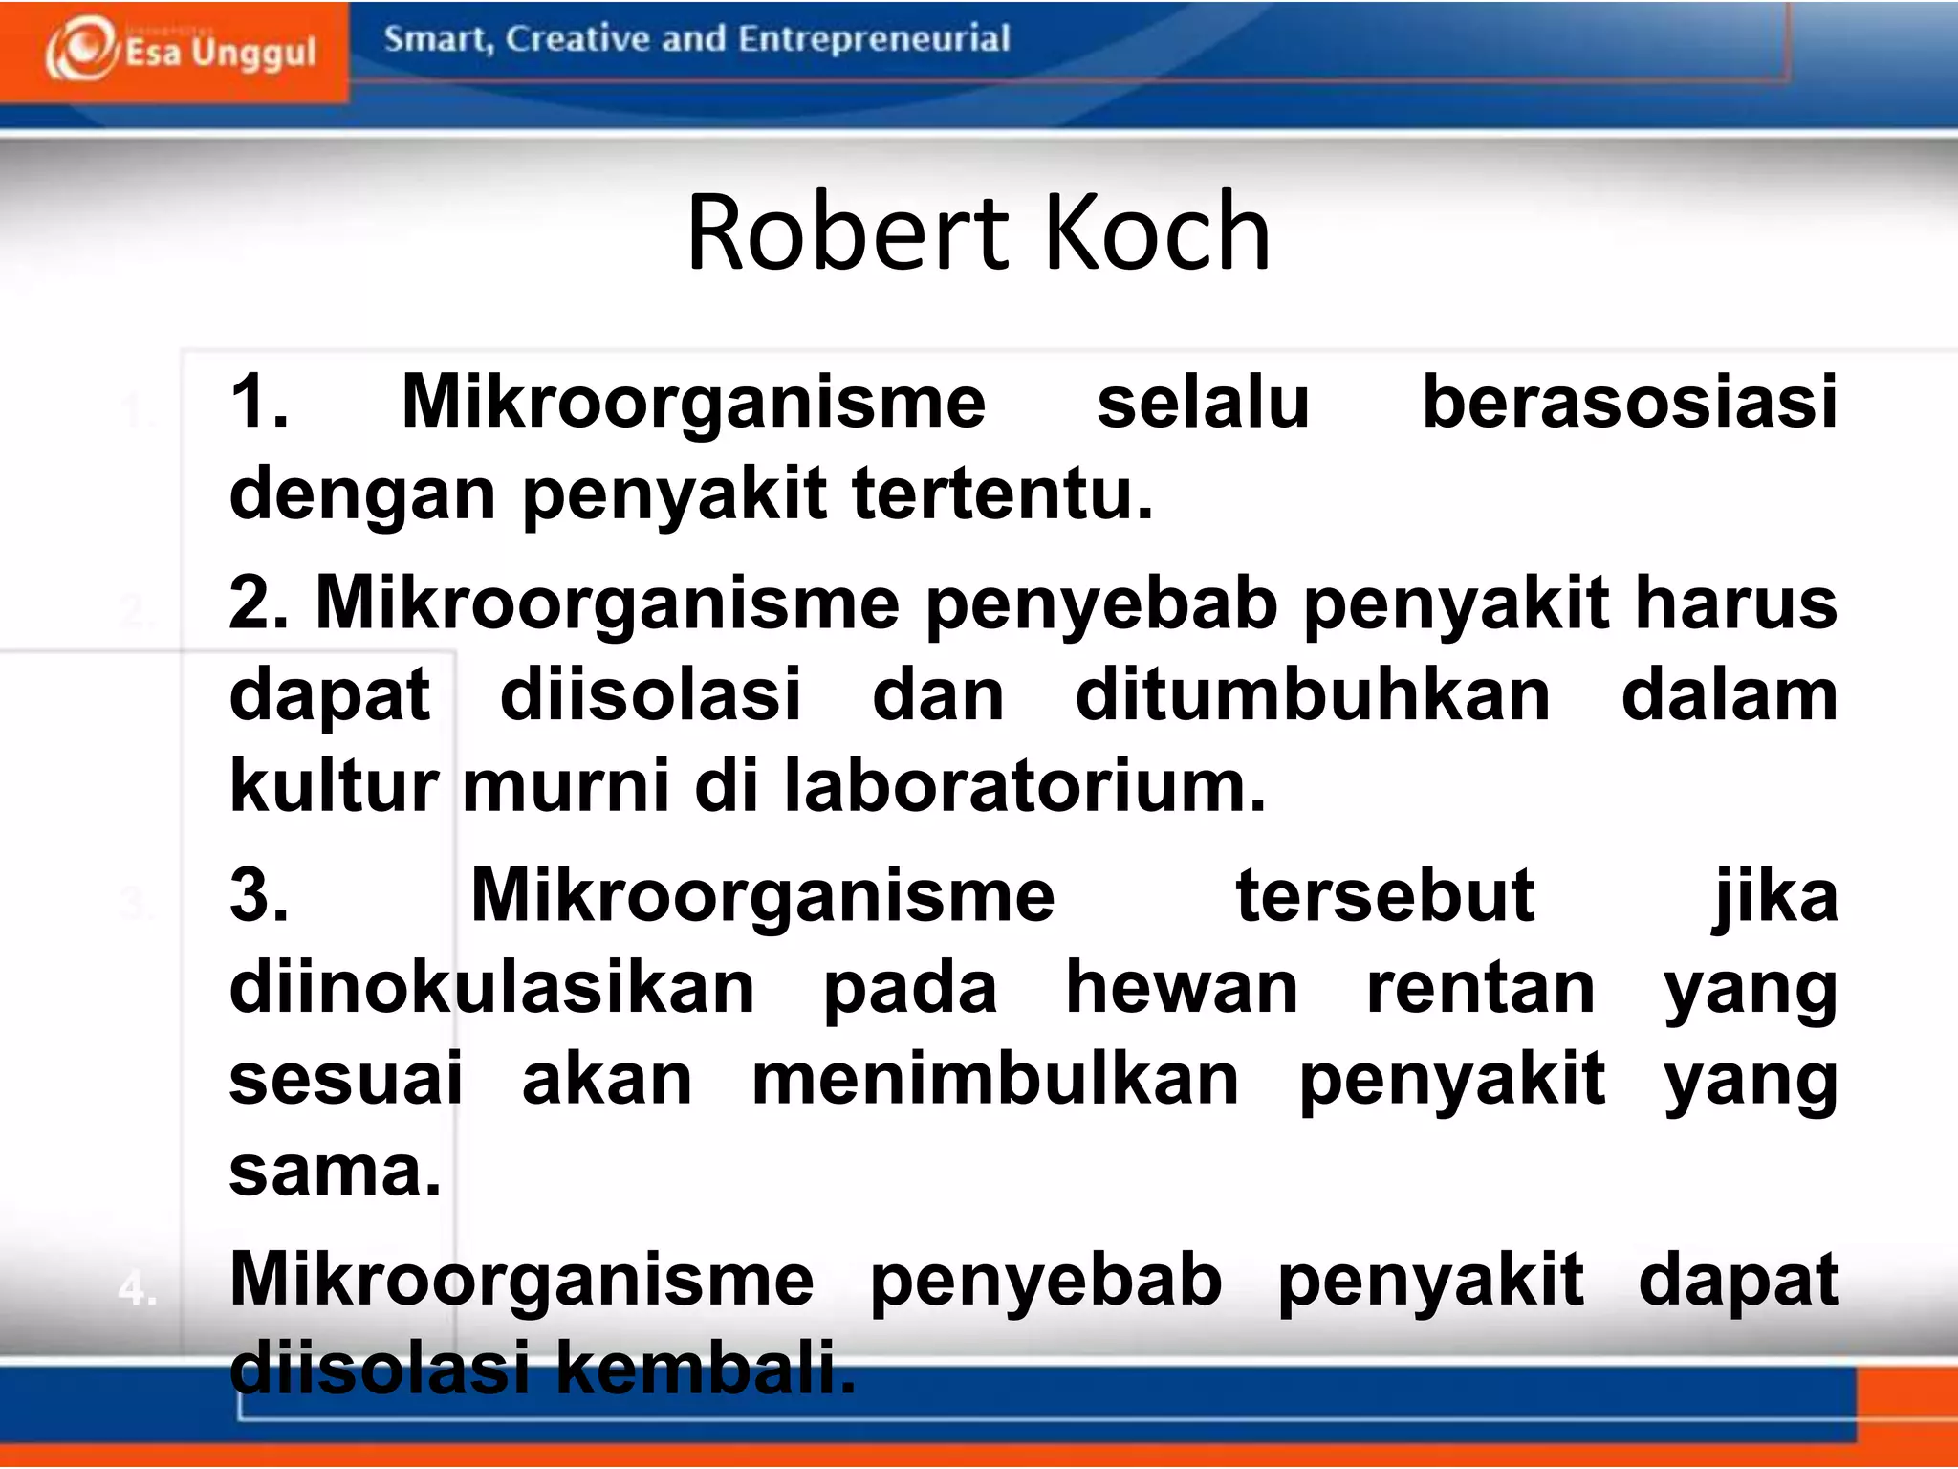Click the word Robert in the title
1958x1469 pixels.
(x=847, y=232)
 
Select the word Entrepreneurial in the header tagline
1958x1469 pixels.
(x=874, y=39)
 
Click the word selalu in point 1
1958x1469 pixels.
(x=1203, y=402)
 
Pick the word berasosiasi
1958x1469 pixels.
(x=1629, y=402)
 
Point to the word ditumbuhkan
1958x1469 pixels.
(x=1313, y=695)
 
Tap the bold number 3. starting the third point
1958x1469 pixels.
(x=259, y=896)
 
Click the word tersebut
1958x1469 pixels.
(x=1384, y=896)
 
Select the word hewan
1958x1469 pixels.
(x=1182, y=988)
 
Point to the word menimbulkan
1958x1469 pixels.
(x=995, y=1080)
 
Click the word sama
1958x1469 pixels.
(x=335, y=1172)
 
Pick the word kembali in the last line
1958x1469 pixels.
(x=705, y=1368)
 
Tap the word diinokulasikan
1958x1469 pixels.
(x=492, y=988)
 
